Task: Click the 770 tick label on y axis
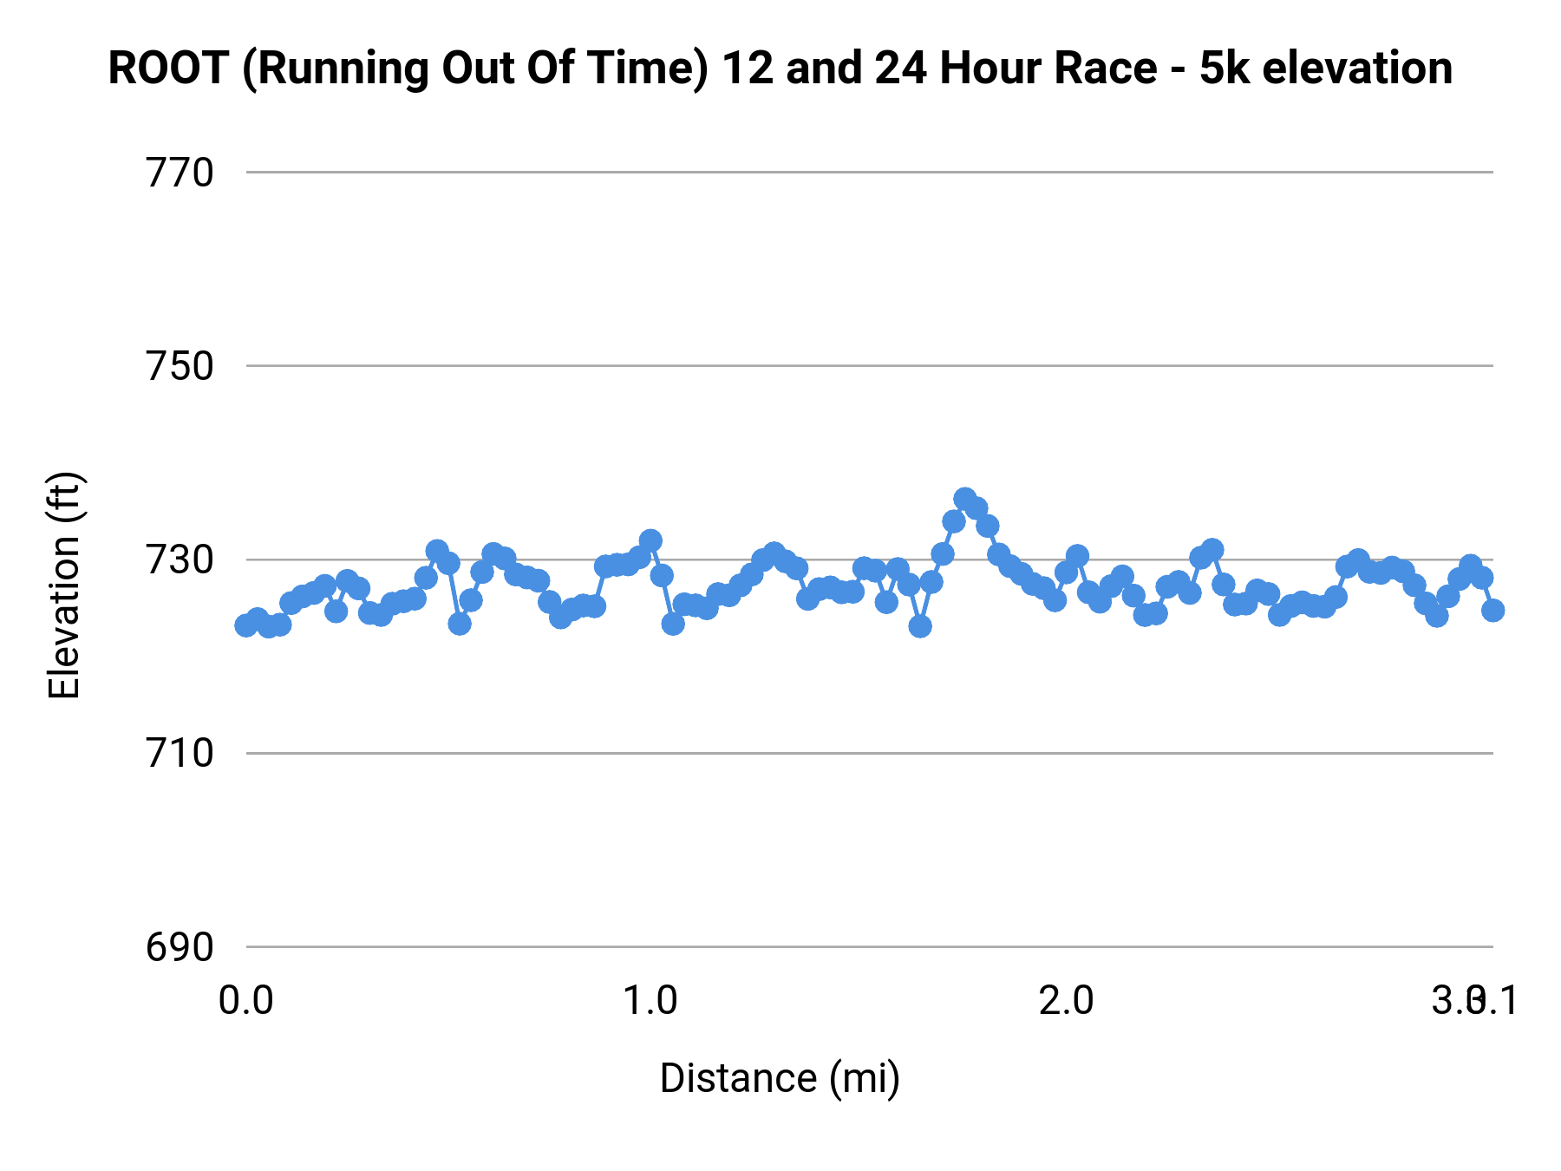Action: [180, 173]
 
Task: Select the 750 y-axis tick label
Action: [180, 367]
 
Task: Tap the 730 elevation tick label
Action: [180, 560]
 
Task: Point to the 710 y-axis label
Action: [180, 754]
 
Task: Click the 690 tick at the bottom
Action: [180, 947]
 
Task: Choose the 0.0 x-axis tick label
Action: [246, 1001]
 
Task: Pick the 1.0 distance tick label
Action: [651, 1001]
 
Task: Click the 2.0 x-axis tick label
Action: [1066, 1001]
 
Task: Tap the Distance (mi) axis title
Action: [780, 1078]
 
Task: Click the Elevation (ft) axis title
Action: [64, 585]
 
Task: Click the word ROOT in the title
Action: [168, 69]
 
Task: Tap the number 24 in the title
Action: [902, 69]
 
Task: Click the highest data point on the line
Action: [965, 499]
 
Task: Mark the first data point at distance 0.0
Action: [246, 625]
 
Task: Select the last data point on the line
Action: [1492, 611]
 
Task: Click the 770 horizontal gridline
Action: [867, 173]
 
